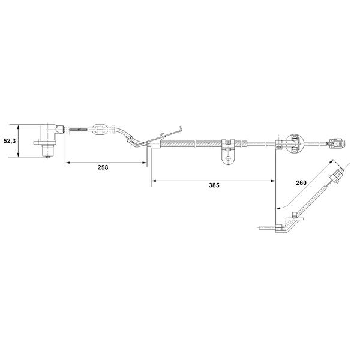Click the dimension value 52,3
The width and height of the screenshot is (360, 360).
[x=10, y=141]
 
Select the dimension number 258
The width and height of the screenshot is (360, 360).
[x=103, y=167]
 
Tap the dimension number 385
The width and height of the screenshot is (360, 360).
[x=214, y=185]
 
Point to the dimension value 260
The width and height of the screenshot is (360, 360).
[x=301, y=183]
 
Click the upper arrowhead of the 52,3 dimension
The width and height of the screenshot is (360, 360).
[x=19, y=127]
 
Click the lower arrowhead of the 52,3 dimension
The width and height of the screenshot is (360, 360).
[x=19, y=155]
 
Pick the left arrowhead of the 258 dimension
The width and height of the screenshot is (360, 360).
[x=68, y=163]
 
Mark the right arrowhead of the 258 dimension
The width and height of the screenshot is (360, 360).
[x=145, y=163]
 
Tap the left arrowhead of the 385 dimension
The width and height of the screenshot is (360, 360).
[x=154, y=181]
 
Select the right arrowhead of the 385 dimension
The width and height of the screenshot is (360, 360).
[x=273, y=181]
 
